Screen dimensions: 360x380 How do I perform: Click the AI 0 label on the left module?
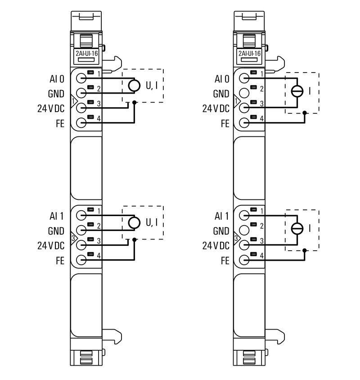[57, 79]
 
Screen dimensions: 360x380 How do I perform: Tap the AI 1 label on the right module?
[222, 216]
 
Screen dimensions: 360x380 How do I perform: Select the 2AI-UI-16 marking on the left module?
[86, 53]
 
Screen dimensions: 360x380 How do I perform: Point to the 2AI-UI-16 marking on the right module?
[250, 53]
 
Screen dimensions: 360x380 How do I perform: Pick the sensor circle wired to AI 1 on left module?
[134, 222]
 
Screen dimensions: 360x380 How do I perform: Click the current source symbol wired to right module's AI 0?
[297, 91]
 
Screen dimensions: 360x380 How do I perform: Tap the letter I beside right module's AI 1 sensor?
[310, 228]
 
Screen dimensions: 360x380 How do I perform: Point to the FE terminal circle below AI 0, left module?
[81, 122]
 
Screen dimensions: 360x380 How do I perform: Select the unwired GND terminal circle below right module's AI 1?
[244, 230]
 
